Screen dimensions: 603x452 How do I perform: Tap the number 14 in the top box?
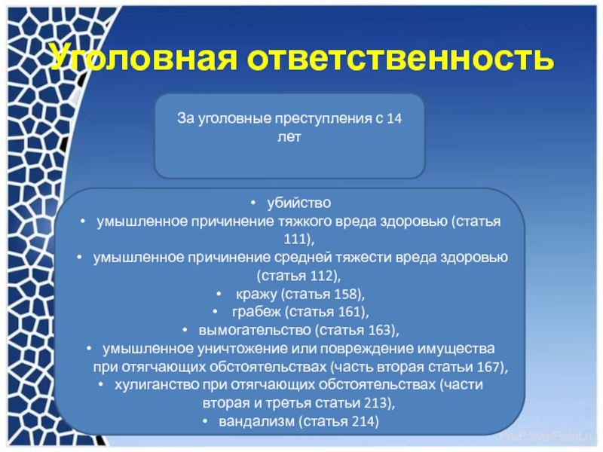394,118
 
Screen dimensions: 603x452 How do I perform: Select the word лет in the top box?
289,137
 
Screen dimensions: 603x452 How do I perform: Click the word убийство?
298,203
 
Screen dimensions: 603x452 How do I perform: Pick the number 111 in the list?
295,239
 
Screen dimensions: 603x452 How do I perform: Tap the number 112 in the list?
321,276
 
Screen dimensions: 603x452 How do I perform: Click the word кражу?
256,294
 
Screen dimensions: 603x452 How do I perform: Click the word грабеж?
256,312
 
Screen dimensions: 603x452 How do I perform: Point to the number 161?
350,312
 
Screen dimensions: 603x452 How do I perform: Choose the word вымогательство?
255,330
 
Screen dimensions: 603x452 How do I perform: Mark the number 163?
380,330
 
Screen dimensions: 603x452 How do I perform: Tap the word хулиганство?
157,385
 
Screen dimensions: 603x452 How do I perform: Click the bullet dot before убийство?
253,203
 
